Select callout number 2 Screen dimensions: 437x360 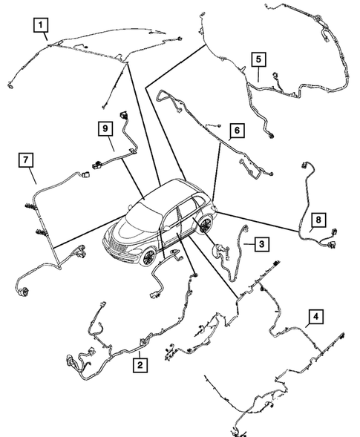[138, 364]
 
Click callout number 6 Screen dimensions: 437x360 [235, 131]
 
